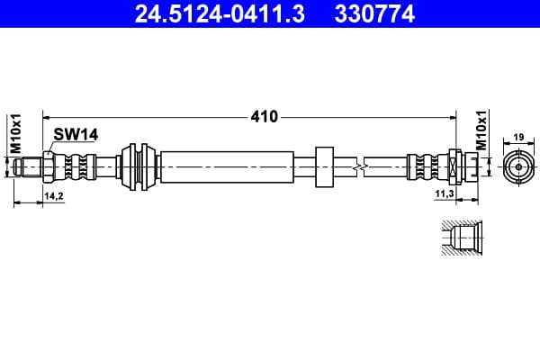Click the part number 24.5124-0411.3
[x=220, y=13]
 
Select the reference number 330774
[x=374, y=13]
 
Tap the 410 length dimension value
[x=264, y=117]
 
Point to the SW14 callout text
[x=76, y=134]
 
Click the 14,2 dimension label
[x=54, y=196]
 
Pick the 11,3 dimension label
[x=445, y=194]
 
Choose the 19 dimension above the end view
[x=518, y=137]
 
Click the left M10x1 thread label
[x=16, y=134]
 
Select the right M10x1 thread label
[x=481, y=130]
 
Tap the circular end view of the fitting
[x=518, y=167]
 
